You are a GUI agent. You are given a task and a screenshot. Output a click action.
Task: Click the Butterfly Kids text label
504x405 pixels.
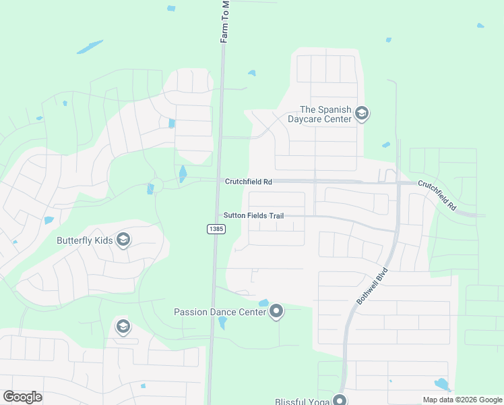click(85, 240)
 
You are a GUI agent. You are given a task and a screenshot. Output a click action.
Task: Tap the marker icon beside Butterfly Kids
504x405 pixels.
click(123, 240)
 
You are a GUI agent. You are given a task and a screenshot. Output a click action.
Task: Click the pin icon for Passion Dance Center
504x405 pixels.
click(276, 311)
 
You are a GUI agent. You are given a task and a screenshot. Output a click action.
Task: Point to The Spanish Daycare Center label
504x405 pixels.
click(326, 114)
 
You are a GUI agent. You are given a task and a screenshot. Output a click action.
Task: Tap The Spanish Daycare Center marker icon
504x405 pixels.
click(362, 113)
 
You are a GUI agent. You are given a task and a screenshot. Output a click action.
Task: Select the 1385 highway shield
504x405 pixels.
click(215, 230)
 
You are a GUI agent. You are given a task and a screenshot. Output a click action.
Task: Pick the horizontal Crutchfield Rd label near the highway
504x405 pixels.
click(249, 182)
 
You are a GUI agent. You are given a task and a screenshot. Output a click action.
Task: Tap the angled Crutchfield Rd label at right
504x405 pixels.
click(437, 196)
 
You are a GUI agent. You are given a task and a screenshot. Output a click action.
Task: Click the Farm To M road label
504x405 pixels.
click(225, 22)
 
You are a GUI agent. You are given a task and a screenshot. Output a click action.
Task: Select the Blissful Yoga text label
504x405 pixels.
click(302, 401)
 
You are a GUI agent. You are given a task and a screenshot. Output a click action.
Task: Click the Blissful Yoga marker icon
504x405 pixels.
click(340, 400)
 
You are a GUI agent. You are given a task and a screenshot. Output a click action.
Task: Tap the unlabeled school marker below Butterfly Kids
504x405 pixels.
click(123, 327)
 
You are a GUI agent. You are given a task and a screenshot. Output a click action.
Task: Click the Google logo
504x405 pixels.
click(22, 397)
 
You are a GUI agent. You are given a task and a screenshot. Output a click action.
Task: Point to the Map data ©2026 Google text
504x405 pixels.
click(462, 400)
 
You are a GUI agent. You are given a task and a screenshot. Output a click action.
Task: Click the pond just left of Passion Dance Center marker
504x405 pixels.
click(263, 303)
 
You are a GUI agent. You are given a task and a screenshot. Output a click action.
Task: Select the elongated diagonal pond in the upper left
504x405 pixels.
click(90, 47)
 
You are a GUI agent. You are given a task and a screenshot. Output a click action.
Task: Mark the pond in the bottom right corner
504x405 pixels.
click(442, 385)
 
